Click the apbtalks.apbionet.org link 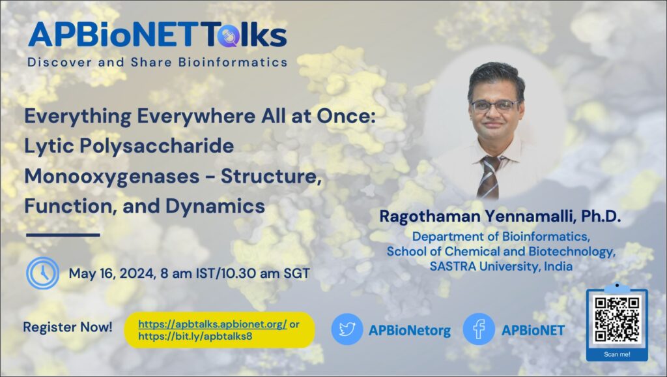click(x=205, y=324)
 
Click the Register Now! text click(x=67, y=327)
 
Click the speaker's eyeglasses click(x=494, y=106)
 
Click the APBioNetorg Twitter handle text click(x=409, y=330)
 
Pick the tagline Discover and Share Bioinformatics click(x=157, y=63)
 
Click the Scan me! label click(x=616, y=354)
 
